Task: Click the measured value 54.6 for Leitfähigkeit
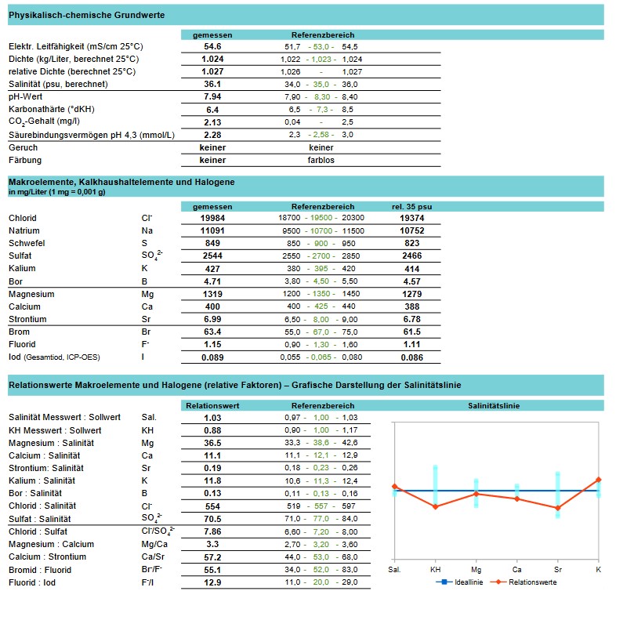[212, 46]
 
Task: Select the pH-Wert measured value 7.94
[212, 96]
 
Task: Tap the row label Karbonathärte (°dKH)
[50, 109]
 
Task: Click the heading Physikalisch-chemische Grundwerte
[86, 15]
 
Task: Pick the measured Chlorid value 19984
[212, 218]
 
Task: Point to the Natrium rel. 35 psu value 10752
[411, 231]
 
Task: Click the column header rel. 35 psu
[411, 206]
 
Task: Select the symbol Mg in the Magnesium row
[147, 294]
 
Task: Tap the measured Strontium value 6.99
[212, 319]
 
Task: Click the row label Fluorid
[23, 345]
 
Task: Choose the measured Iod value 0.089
[212, 357]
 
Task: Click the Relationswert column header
[212, 405]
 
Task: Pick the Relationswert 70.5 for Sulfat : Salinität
[212, 519]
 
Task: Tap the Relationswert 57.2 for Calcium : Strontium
[212, 557]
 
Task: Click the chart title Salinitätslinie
[494, 405]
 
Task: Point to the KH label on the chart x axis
[435, 569]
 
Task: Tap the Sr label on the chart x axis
[557, 569]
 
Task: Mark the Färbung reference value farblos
[321, 160]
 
